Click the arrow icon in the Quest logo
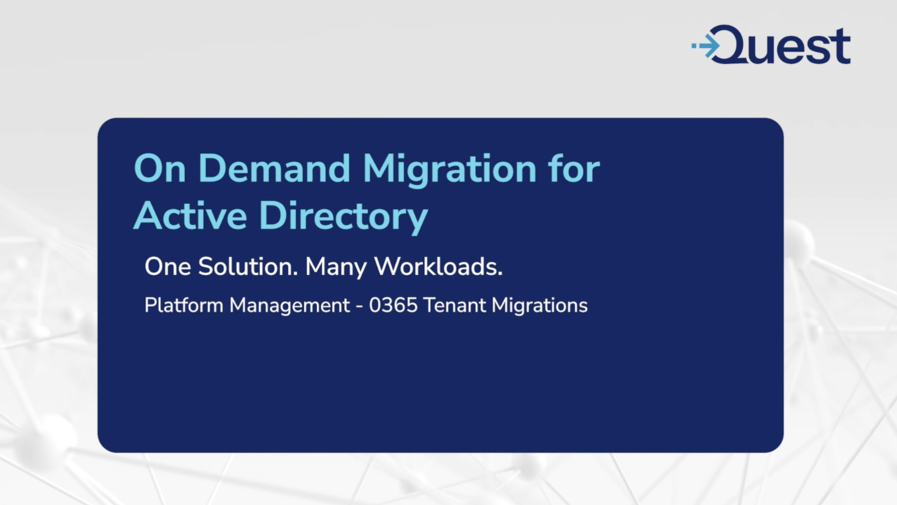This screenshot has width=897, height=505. (706, 46)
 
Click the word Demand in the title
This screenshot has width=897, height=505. (278, 169)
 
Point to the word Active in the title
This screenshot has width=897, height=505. (189, 216)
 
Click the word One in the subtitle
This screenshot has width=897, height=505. (167, 267)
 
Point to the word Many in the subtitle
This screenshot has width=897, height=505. (336, 267)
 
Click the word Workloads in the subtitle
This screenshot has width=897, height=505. (434, 267)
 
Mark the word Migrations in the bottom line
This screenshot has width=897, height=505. (540, 307)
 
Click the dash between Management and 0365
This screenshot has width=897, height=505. (360, 307)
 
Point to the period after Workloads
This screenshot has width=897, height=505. (500, 274)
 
